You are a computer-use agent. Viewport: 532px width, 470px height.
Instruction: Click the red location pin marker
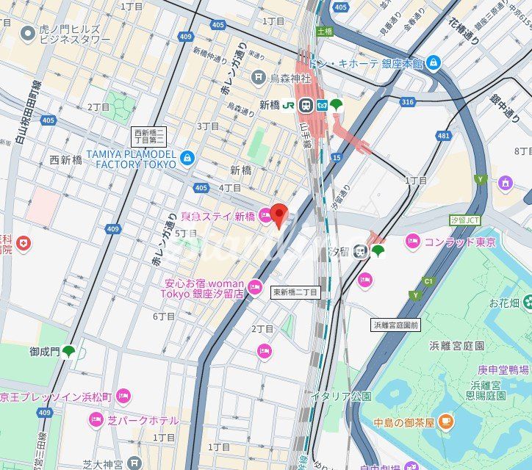[x=278, y=214]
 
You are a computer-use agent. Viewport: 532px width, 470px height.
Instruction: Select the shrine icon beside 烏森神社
[x=258, y=77]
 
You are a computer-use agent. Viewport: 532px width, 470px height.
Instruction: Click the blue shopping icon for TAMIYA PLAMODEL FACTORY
[x=187, y=156]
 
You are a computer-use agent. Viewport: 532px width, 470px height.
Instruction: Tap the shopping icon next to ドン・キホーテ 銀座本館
[x=434, y=63]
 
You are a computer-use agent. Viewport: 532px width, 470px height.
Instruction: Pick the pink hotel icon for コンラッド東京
[x=412, y=241]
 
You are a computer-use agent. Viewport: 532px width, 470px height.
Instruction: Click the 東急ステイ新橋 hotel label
[x=218, y=216]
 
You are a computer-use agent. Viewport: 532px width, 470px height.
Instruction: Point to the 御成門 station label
[x=44, y=352]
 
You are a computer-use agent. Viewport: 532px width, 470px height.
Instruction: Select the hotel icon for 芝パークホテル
[x=96, y=420]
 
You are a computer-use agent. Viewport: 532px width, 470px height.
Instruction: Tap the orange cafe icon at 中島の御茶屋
[x=446, y=422]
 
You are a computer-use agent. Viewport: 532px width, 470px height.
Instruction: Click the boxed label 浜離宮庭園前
[x=395, y=325]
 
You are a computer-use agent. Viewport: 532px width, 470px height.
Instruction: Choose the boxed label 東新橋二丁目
[x=295, y=292]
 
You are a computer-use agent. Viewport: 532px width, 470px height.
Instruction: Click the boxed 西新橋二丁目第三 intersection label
[x=149, y=136]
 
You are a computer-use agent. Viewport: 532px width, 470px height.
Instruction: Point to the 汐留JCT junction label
[x=464, y=220]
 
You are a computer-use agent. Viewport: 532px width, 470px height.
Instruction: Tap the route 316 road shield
[x=408, y=101]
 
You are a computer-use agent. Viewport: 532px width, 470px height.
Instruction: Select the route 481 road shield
[x=443, y=135]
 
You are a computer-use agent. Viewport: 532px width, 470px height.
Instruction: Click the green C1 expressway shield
[x=428, y=281]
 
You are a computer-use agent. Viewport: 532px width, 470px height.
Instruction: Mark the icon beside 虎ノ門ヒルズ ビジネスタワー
[x=28, y=32]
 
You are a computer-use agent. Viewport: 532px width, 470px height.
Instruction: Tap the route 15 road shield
[x=336, y=157]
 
